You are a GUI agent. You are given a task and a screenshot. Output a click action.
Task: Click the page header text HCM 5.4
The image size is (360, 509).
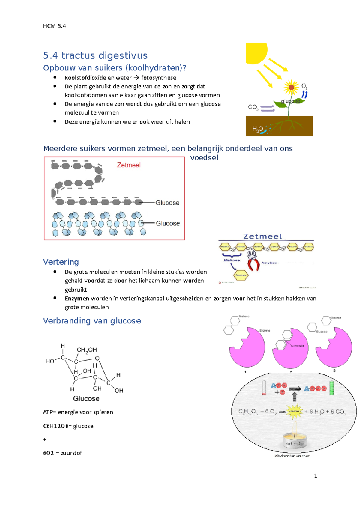[x=54, y=26]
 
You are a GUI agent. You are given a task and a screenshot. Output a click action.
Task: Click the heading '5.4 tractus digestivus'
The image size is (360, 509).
[x=95, y=55]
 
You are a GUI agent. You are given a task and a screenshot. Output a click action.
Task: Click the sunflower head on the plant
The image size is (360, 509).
[x=291, y=88]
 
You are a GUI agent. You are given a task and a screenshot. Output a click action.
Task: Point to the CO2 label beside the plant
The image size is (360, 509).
[x=253, y=107]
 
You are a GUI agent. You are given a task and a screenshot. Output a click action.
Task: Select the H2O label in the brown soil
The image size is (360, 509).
[x=257, y=129]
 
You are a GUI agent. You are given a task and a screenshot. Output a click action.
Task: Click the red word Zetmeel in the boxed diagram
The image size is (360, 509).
[x=129, y=165]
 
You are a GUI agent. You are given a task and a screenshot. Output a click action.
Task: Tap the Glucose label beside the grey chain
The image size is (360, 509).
[x=167, y=203]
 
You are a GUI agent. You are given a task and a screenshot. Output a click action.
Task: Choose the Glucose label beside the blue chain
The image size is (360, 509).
[x=168, y=223]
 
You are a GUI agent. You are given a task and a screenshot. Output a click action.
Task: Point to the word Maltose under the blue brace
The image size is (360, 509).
[x=232, y=260]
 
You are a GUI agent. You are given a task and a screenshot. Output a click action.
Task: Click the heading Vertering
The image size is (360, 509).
[x=61, y=262]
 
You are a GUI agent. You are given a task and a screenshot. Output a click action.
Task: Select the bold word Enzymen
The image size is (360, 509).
[x=77, y=299]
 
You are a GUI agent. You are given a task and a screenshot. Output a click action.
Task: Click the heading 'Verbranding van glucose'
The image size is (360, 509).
[x=92, y=321]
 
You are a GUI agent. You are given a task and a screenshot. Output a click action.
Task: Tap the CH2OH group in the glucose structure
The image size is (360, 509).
[x=87, y=350]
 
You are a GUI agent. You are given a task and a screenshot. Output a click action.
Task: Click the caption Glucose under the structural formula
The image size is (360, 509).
[x=86, y=399]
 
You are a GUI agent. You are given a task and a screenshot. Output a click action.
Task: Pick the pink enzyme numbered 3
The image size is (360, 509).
[x=334, y=348]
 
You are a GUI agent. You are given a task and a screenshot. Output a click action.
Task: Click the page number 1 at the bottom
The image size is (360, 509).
[x=315, y=476]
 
